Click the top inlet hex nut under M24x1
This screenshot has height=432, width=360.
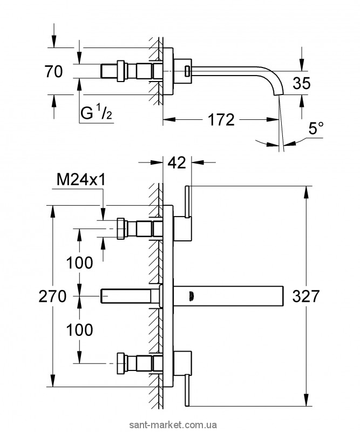pos(121,229)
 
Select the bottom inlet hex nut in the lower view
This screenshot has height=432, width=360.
pos(121,362)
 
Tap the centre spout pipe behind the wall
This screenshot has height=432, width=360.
pos(130,296)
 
